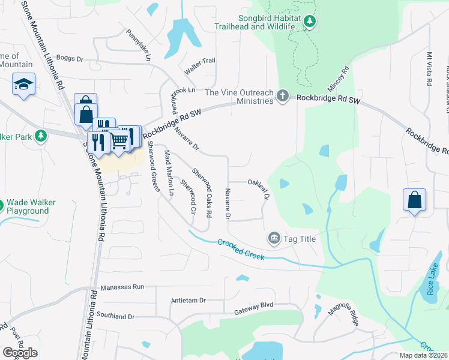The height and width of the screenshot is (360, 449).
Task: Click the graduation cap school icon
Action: (23, 84)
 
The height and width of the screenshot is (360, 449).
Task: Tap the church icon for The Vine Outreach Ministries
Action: (283, 96)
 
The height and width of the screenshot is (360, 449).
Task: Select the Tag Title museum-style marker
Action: (274, 238)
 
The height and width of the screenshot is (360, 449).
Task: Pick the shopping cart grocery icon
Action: (120, 140)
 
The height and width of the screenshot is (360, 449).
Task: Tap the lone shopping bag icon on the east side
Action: (415, 200)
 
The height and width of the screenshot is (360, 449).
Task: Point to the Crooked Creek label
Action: (241, 248)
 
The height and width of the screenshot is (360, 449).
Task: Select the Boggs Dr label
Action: (71, 59)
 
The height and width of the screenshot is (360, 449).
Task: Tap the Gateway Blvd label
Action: (253, 305)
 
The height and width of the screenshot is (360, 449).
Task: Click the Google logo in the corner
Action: (20, 353)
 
